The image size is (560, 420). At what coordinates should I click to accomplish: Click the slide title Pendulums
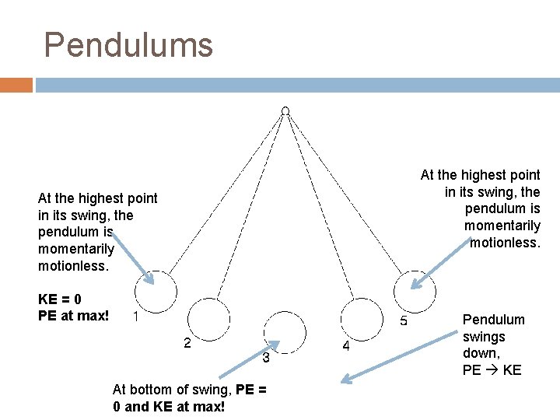click(x=128, y=45)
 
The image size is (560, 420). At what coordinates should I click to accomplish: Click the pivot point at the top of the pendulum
click(x=285, y=111)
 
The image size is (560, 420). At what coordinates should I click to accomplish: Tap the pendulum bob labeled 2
click(x=209, y=319)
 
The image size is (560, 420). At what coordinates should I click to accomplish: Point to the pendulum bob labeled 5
click(x=415, y=292)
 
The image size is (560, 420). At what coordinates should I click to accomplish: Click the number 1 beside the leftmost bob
click(x=136, y=317)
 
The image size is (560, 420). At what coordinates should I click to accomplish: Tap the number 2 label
click(x=187, y=343)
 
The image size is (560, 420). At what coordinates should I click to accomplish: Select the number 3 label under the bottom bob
click(x=265, y=359)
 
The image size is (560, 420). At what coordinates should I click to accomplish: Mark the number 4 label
click(x=346, y=347)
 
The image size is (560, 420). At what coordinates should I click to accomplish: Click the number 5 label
click(x=404, y=320)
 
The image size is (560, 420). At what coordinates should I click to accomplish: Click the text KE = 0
click(x=60, y=299)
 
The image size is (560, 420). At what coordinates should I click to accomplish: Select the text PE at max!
click(x=73, y=316)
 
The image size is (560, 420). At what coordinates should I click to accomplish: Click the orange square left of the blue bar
click(x=16, y=85)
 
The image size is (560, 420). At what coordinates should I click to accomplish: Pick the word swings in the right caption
click(x=484, y=337)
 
